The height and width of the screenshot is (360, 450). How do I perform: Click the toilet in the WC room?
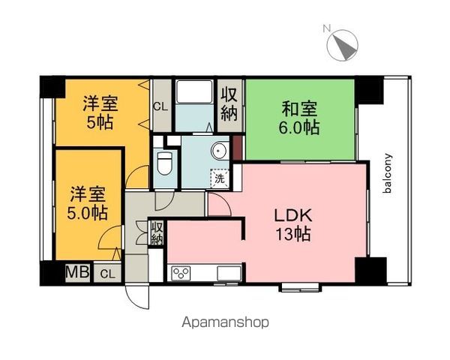pyautogui.click(x=165, y=163)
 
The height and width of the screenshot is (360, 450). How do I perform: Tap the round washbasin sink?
pyautogui.click(x=219, y=151)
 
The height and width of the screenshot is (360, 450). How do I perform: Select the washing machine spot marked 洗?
pyautogui.click(x=220, y=178)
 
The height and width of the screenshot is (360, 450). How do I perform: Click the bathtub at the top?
pyautogui.click(x=194, y=91)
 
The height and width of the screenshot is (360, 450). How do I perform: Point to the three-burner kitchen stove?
pyautogui.click(x=181, y=273)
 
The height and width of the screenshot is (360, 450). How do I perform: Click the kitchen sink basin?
pyautogui.click(x=229, y=273)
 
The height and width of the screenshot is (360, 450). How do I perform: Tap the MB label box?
pyautogui.click(x=78, y=271)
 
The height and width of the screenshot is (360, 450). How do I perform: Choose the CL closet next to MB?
pyautogui.click(x=107, y=272)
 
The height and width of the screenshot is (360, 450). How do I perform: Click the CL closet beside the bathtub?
pyautogui.click(x=161, y=106)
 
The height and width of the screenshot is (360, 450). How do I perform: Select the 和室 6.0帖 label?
pyautogui.click(x=299, y=118)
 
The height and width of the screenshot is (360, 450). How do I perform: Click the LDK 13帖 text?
pyautogui.click(x=293, y=225)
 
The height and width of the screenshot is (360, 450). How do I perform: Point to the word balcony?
pyautogui.click(x=387, y=173)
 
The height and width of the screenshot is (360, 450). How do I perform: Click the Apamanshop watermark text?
pyautogui.click(x=225, y=322)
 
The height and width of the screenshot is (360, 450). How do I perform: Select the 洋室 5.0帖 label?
pyautogui.click(x=88, y=203)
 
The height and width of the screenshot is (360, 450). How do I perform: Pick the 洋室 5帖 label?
pyautogui.click(x=100, y=112)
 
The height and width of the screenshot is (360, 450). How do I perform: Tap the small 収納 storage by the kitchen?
pyautogui.click(x=157, y=232)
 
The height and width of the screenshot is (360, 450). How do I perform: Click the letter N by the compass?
pyautogui.click(x=326, y=28)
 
